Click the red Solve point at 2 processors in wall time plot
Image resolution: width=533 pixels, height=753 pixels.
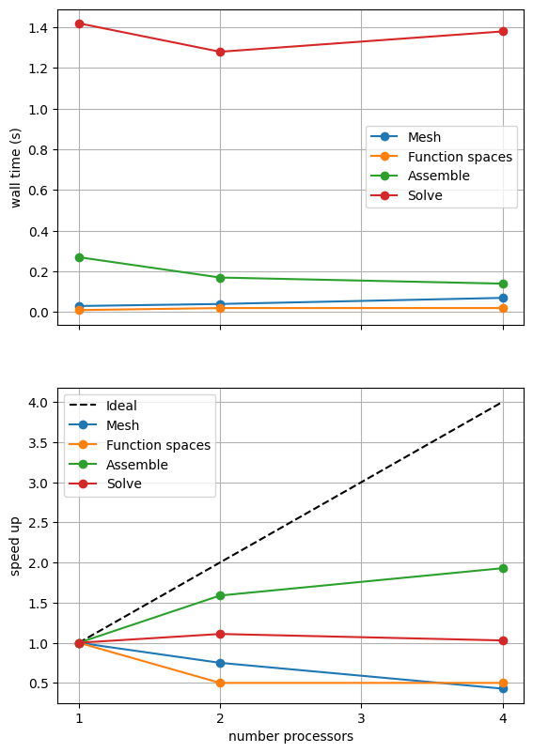click(x=220, y=52)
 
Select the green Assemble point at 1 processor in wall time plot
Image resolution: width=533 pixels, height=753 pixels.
click(x=79, y=258)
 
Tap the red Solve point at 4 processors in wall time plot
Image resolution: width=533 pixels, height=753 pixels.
click(x=503, y=32)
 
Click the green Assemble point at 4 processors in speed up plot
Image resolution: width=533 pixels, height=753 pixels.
click(x=503, y=569)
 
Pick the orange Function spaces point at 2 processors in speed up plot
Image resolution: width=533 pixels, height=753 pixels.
click(x=220, y=683)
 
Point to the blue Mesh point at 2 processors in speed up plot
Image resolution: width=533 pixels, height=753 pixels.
click(x=220, y=663)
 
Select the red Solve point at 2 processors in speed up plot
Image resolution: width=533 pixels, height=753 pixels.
click(x=220, y=635)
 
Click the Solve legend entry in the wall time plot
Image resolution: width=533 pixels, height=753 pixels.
click(x=407, y=195)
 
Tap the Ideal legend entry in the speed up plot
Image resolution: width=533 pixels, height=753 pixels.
click(x=103, y=406)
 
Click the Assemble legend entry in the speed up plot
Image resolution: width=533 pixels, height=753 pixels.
click(x=118, y=465)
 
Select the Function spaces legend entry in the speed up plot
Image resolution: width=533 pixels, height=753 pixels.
click(x=140, y=445)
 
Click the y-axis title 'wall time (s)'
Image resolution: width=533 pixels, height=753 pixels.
click(x=16, y=168)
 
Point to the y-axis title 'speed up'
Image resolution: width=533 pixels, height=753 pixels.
click(x=15, y=546)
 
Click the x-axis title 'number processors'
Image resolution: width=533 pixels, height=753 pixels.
click(x=290, y=736)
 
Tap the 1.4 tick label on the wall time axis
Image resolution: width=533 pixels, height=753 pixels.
click(x=38, y=28)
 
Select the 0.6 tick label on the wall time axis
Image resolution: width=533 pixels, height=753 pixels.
click(x=38, y=191)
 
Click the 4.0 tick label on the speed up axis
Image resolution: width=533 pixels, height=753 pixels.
click(x=38, y=403)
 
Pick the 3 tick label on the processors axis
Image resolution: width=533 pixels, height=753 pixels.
click(x=361, y=718)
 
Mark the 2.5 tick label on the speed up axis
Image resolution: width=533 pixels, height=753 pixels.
click(x=38, y=523)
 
